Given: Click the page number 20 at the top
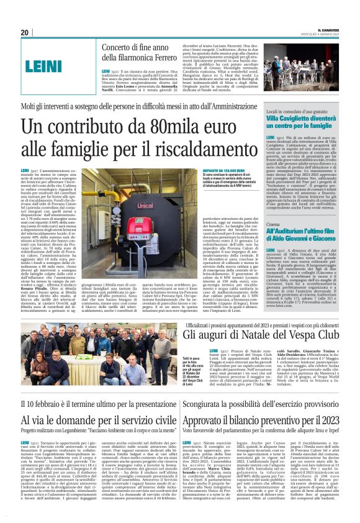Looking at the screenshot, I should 25,32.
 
